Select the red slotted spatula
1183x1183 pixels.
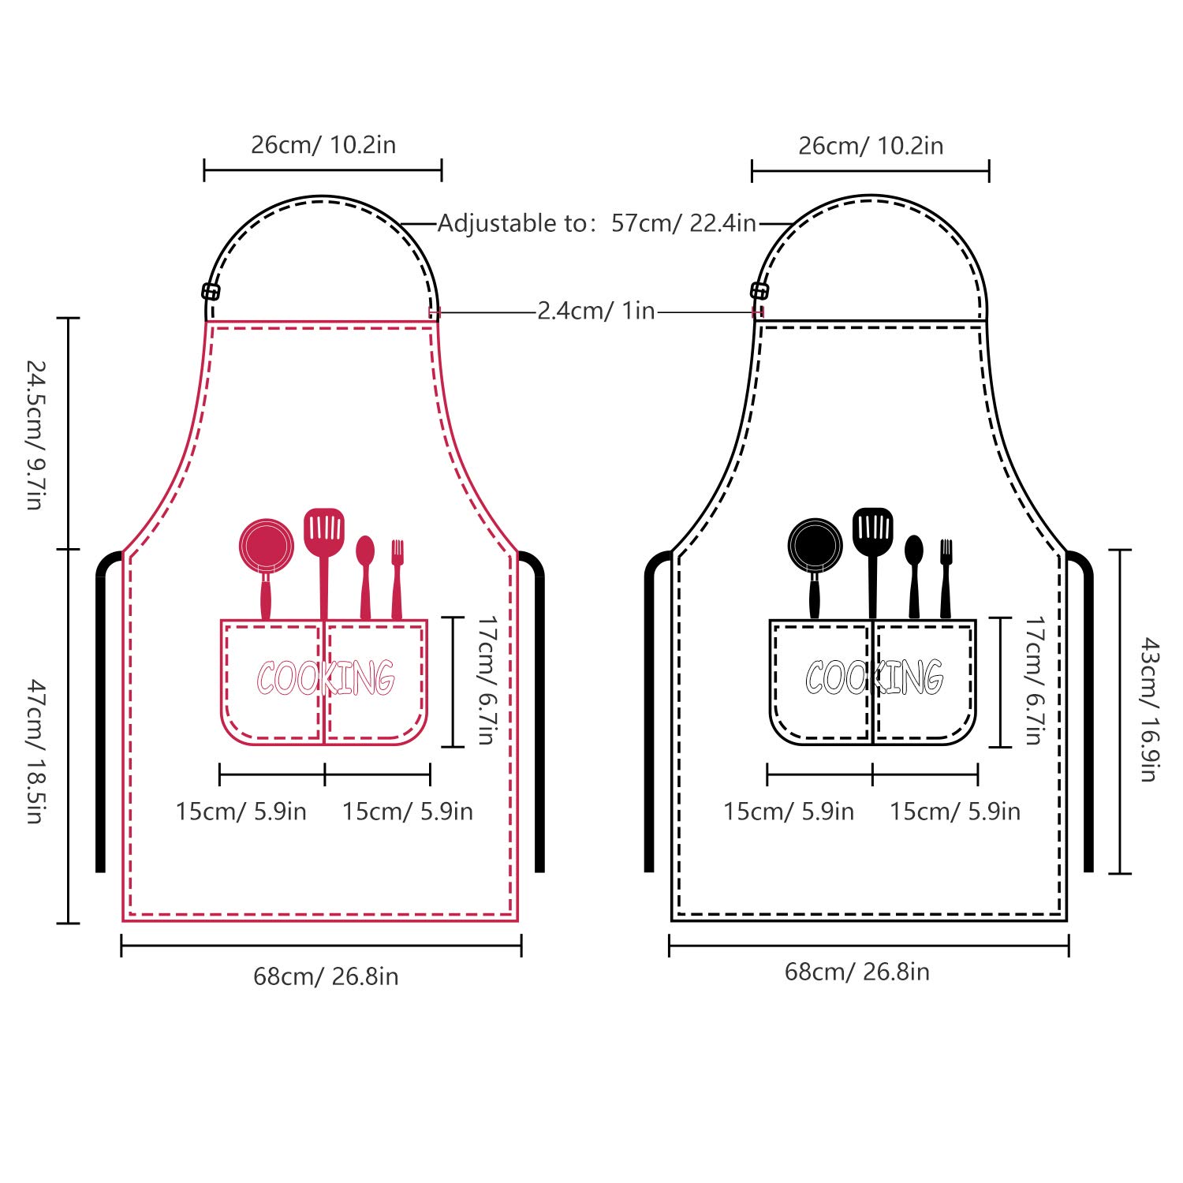click(x=324, y=536)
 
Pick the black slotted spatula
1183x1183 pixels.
click(x=873, y=536)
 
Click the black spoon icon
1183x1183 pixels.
click(x=914, y=577)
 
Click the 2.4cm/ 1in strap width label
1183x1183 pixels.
click(x=596, y=311)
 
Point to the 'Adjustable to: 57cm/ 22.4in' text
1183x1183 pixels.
click(x=597, y=223)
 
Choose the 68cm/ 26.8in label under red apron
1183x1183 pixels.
click(x=326, y=976)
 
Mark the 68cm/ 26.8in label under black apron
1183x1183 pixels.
click(x=857, y=972)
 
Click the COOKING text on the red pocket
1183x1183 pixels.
click(x=325, y=677)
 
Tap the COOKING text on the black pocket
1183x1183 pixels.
click(x=874, y=677)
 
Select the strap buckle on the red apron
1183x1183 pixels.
click(x=211, y=291)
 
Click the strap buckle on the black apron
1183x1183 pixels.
click(x=759, y=290)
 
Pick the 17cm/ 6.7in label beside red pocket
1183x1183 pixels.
click(x=487, y=681)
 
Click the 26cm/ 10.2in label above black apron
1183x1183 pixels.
click(x=871, y=146)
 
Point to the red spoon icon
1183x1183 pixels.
click(x=365, y=577)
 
